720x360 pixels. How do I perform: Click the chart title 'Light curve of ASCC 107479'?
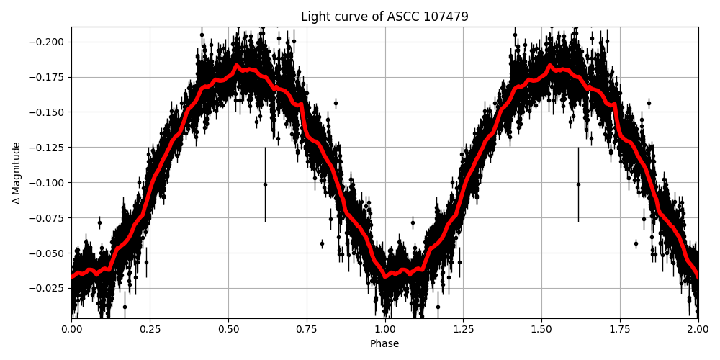tap(384, 17)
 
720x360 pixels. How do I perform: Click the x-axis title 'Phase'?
tap(384, 344)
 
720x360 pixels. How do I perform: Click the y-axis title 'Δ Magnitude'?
tap(17, 173)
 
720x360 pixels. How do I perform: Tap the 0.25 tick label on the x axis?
tap(150, 329)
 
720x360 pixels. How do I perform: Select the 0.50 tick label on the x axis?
tap(228, 329)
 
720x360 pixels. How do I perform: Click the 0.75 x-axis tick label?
tap(307, 329)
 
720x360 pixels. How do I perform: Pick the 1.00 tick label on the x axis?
tap(384, 329)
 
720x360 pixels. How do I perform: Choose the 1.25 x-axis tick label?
tap(463, 329)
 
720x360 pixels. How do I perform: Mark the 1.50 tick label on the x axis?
tap(541, 329)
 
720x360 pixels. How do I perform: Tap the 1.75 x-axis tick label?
tap(620, 329)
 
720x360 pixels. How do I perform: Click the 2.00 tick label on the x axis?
tap(698, 329)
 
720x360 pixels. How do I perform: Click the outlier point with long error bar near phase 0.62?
tap(265, 184)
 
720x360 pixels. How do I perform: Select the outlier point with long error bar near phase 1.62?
tap(578, 184)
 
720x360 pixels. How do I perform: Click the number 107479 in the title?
tap(447, 17)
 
